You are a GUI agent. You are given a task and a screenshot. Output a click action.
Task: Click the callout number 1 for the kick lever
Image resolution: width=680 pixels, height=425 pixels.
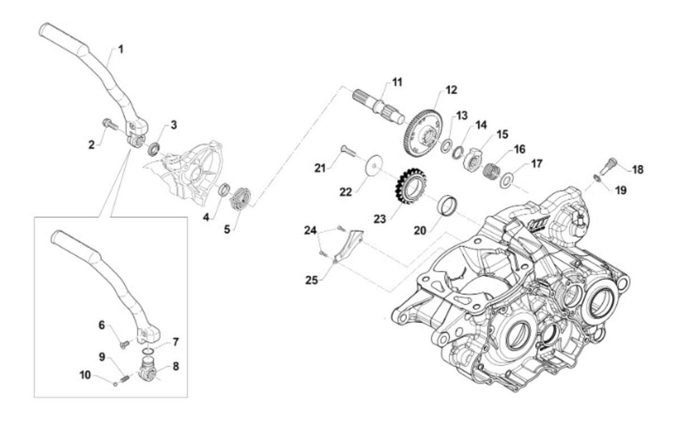[x=121, y=49]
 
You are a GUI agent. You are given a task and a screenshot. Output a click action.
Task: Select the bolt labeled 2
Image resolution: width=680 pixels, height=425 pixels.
[x=110, y=124]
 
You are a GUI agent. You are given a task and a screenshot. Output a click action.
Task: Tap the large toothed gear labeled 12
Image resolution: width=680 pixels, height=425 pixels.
[x=424, y=133]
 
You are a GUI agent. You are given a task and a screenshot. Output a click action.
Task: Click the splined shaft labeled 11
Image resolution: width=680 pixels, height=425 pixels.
[x=379, y=105]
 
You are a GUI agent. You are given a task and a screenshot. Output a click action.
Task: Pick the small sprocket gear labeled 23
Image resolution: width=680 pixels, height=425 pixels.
[x=410, y=186]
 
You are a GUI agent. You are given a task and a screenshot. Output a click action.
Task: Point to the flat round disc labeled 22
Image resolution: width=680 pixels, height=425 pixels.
[x=374, y=165]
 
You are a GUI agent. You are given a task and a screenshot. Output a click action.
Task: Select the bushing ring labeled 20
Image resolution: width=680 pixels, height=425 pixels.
[x=448, y=205]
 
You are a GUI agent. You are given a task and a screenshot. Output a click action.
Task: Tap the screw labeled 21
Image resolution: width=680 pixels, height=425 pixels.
[x=348, y=151]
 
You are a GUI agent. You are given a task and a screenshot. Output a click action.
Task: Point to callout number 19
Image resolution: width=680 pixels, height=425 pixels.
[x=621, y=190]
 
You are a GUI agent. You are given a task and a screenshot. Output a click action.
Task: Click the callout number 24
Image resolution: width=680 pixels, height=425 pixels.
[x=311, y=230]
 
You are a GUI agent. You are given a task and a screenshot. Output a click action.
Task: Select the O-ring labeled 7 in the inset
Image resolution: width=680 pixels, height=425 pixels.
[x=148, y=351]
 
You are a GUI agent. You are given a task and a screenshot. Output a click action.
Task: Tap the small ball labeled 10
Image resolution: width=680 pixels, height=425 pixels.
[x=116, y=384]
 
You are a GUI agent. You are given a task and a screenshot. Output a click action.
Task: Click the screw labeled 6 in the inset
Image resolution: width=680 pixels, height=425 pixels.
[x=125, y=345]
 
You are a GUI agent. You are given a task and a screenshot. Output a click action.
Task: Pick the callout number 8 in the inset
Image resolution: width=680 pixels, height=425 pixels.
[x=176, y=366]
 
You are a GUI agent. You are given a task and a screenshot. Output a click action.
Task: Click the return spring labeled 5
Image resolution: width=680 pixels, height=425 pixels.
[x=240, y=198]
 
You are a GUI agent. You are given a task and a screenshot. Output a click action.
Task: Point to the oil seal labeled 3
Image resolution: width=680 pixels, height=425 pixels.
[x=154, y=149]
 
